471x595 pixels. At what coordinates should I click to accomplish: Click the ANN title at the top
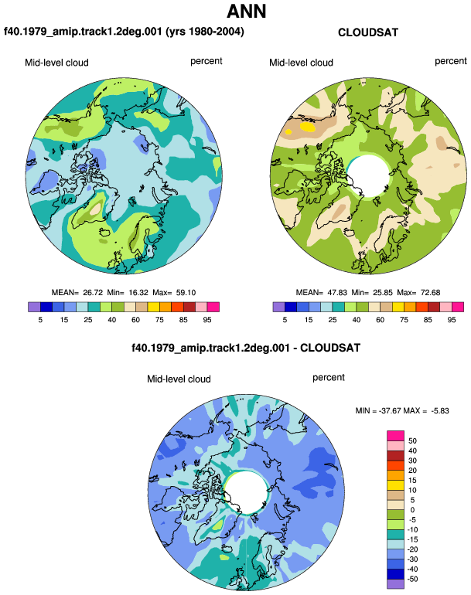click(246, 11)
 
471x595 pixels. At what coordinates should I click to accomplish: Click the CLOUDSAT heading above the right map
click(368, 32)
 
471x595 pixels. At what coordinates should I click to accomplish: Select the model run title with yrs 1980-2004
click(124, 31)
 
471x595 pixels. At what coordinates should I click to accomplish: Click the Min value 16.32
click(128, 293)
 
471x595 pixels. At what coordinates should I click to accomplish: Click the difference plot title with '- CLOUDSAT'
click(246, 348)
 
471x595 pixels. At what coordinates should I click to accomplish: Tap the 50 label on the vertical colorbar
click(412, 441)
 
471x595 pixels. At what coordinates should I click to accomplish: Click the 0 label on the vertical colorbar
click(412, 510)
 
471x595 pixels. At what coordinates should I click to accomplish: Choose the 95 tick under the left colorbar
click(207, 320)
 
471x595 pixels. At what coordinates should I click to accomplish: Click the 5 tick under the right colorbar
click(285, 320)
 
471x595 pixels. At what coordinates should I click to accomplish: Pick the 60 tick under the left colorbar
click(135, 320)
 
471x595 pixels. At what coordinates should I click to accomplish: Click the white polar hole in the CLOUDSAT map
click(368, 176)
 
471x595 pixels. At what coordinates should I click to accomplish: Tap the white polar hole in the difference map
click(247, 492)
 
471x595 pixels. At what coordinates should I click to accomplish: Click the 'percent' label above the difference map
click(329, 378)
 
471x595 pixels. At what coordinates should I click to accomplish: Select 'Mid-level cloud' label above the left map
click(56, 63)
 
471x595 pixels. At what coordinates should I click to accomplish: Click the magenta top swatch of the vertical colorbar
click(395, 436)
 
